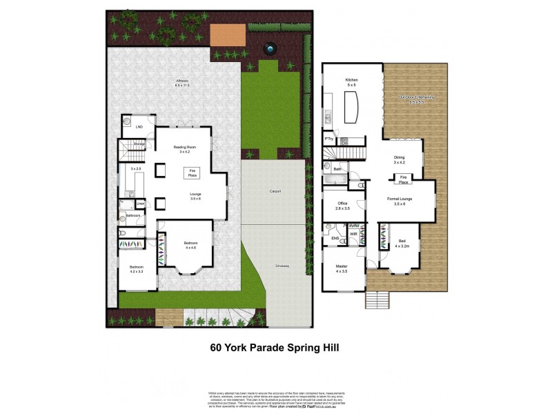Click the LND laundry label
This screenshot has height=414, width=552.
point(139,127)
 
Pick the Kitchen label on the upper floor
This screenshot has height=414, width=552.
point(352,81)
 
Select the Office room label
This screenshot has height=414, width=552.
point(342,205)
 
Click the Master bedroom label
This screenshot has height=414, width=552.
point(341,266)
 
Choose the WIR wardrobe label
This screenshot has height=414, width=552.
point(353,234)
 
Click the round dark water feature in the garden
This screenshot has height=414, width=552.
point(269,49)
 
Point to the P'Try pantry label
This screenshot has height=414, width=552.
point(329,140)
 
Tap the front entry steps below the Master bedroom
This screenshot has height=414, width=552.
point(377,301)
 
